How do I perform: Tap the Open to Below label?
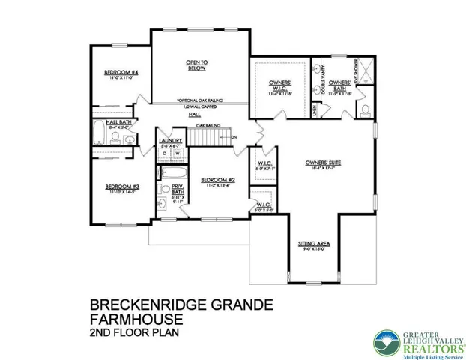(197, 63)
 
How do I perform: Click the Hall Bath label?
(119, 122)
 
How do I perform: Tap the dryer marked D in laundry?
(165, 154)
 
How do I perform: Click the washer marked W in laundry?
(178, 154)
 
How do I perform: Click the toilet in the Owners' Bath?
(365, 111)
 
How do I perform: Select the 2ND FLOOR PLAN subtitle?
(134, 331)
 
